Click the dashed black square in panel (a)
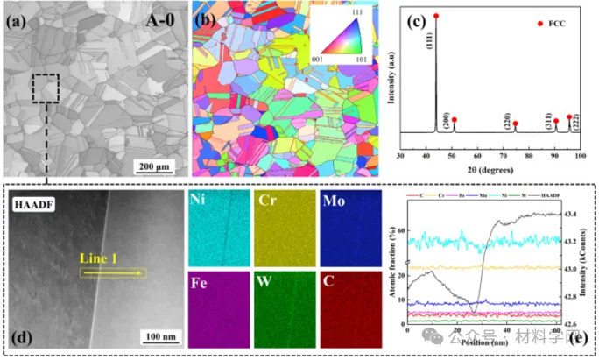point(46,88)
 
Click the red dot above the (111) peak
point(436,17)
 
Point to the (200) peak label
point(447,113)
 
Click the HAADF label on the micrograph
point(32,206)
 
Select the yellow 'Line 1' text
point(95,259)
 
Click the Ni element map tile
point(218,229)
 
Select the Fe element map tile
point(218,307)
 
